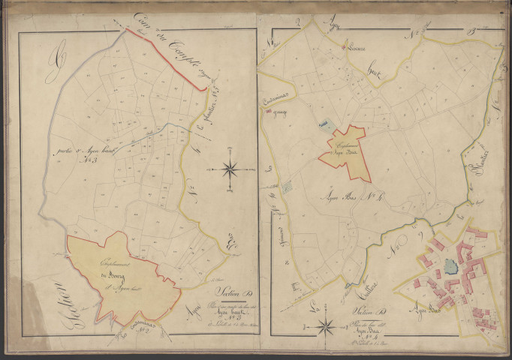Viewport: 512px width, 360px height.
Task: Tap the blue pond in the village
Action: pos(451,265)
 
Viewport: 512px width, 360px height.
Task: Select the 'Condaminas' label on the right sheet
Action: pos(272,103)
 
